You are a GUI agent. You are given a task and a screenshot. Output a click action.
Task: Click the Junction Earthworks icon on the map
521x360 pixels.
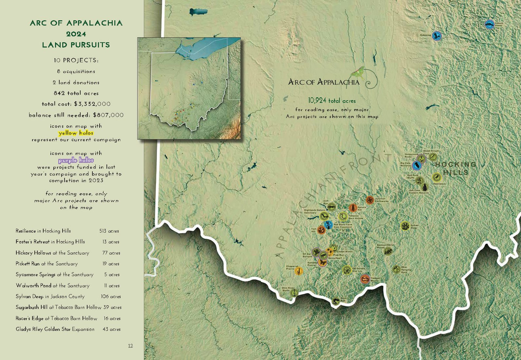click(x=370, y=200)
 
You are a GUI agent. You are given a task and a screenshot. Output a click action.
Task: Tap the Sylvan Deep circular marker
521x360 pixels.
click(x=405, y=226)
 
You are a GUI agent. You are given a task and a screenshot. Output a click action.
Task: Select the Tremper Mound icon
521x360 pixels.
click(x=365, y=279)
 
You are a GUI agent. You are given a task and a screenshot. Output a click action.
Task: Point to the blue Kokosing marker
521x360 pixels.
click(x=436, y=36)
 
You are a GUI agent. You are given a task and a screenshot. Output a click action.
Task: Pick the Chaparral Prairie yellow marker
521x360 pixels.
click(x=299, y=271)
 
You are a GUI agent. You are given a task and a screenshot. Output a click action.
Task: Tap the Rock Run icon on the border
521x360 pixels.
click(x=336, y=301)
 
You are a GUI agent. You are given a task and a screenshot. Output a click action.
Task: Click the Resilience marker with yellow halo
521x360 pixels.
click(x=436, y=178)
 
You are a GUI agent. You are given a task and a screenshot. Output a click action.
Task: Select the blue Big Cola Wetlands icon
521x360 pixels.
click(x=417, y=165)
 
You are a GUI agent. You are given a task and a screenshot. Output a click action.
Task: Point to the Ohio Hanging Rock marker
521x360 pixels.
click(x=396, y=269)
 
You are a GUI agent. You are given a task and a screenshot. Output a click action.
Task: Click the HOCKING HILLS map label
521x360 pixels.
click(x=456, y=168)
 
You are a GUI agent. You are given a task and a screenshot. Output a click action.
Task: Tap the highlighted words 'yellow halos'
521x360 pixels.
click(x=76, y=133)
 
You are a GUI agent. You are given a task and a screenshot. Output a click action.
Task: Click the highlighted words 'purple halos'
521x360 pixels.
click(x=76, y=160)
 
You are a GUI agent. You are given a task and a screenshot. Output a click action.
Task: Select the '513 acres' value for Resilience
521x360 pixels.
click(x=109, y=231)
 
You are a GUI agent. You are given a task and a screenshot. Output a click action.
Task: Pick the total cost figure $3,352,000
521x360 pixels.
click(x=92, y=104)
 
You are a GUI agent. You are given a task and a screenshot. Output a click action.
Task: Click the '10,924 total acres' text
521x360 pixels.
click(x=332, y=101)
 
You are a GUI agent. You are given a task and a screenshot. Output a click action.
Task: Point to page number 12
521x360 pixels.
click(x=130, y=346)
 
